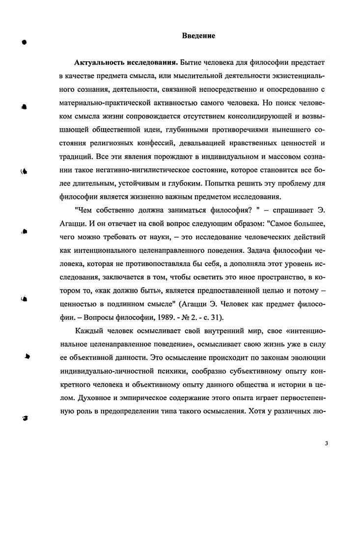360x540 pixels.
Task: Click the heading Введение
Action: [x=198, y=36]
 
